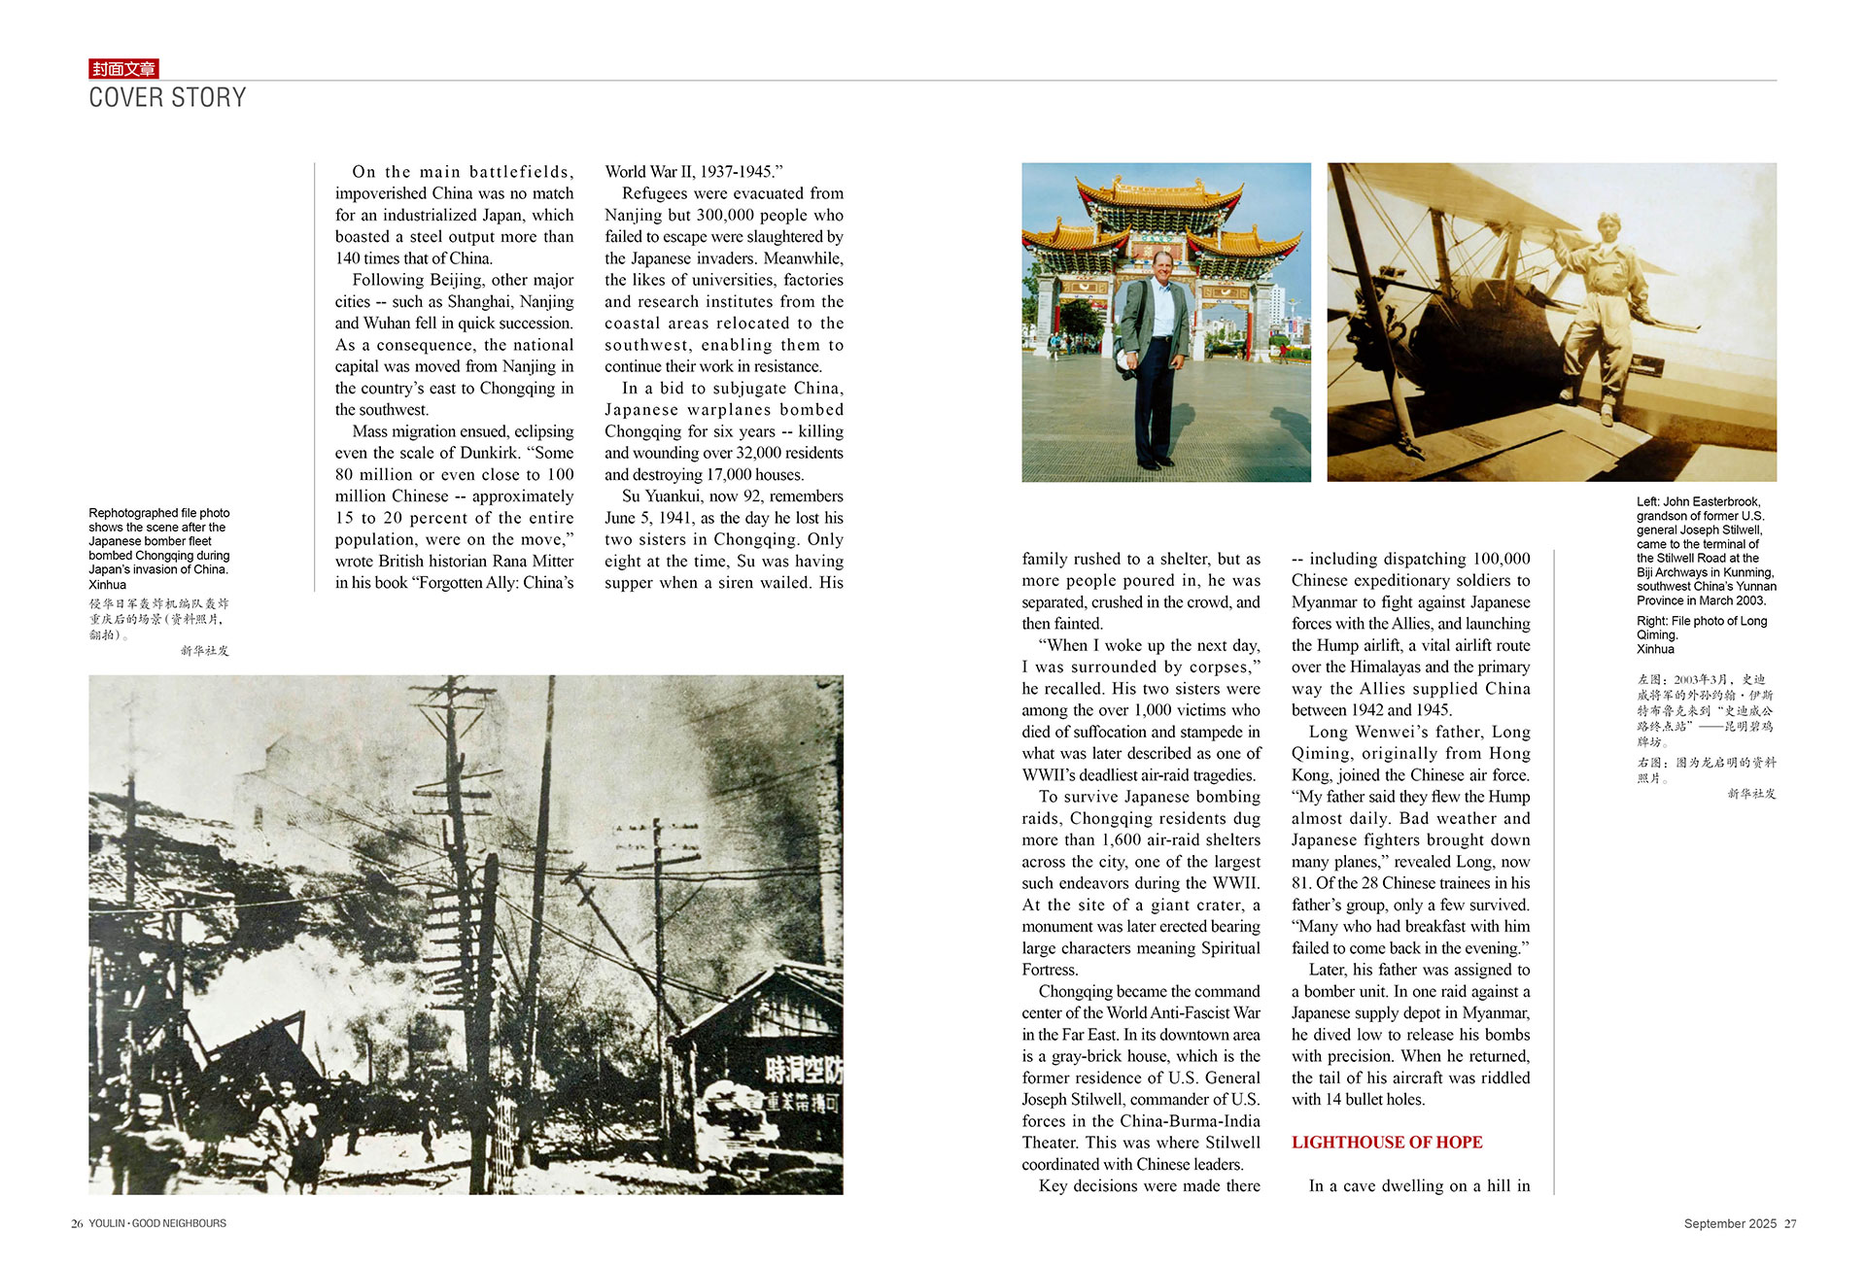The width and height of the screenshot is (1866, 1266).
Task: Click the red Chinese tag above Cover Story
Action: (123, 68)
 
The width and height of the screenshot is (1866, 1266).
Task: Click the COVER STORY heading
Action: (167, 98)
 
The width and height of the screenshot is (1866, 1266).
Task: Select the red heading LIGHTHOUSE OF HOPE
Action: (1386, 1142)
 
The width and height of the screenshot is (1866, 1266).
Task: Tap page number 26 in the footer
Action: (77, 1224)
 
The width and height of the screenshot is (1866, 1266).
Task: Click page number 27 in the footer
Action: (1790, 1224)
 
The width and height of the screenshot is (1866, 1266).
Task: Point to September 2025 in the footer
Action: (1730, 1224)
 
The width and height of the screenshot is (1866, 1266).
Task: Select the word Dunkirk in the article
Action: (489, 453)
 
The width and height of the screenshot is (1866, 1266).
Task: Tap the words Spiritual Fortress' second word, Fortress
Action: (1050, 970)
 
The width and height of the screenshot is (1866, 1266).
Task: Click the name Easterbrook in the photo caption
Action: (1722, 502)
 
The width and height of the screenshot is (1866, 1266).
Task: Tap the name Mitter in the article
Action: (550, 562)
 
